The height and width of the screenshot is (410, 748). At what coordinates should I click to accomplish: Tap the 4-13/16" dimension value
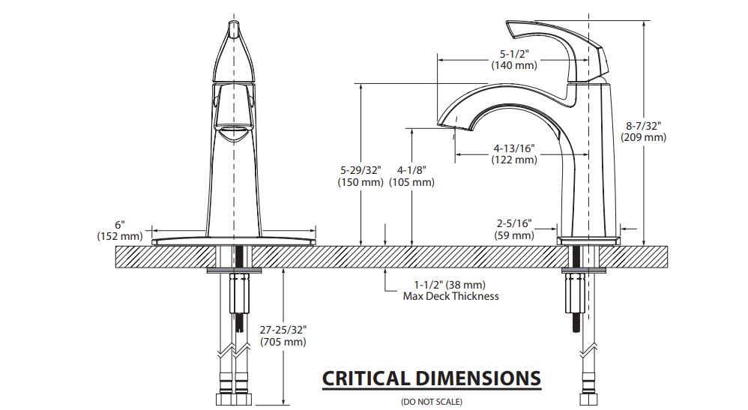[514, 148]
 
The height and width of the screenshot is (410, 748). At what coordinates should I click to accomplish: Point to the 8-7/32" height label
[644, 126]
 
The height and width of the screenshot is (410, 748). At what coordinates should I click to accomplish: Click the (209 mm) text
[644, 137]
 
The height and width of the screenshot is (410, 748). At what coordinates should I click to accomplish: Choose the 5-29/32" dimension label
[361, 171]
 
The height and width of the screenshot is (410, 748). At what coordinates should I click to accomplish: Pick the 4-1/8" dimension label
[411, 171]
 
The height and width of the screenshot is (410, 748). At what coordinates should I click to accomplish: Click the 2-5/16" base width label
[514, 223]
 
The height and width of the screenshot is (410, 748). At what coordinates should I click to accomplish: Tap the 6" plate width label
[120, 224]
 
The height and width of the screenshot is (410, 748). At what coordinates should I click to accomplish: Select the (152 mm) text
[120, 235]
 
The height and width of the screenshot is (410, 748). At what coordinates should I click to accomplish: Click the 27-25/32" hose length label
[283, 331]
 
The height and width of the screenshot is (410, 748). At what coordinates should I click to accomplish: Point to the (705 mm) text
[283, 342]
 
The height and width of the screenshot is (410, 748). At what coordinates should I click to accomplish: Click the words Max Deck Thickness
[451, 296]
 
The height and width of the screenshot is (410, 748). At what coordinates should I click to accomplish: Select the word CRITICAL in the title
[367, 378]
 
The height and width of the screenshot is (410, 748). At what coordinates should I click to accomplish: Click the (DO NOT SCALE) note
[431, 402]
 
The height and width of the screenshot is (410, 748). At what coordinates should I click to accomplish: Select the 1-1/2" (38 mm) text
[450, 285]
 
